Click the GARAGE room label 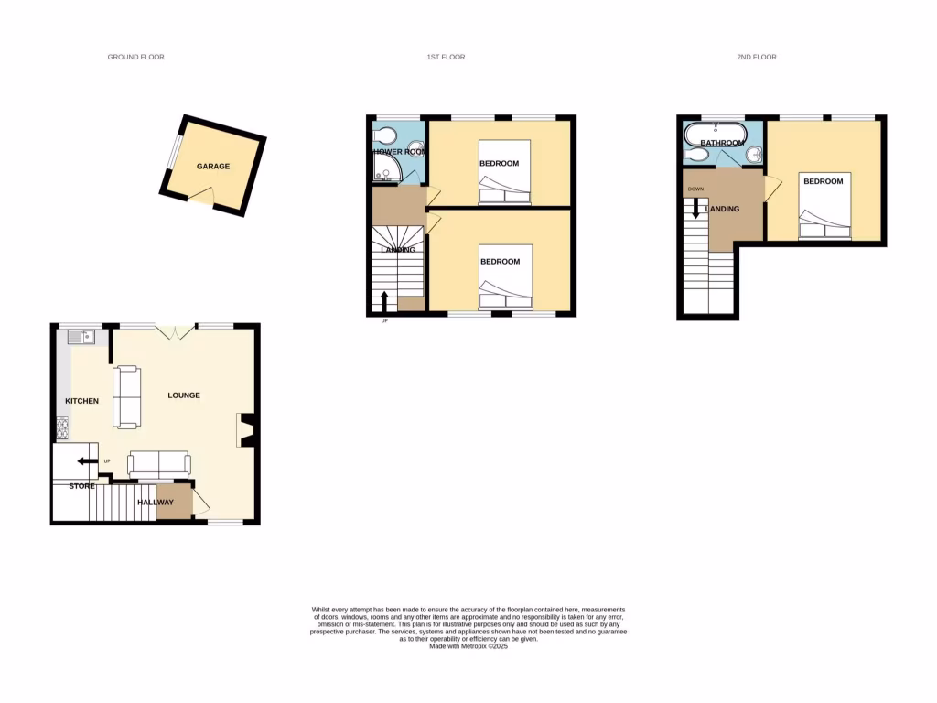(213, 167)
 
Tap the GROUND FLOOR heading (135, 58)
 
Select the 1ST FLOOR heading (446, 58)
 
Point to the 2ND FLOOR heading (757, 58)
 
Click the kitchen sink (81, 338)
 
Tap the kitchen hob (62, 426)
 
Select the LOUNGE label (184, 395)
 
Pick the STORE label (81, 486)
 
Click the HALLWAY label (155, 503)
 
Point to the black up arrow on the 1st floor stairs (384, 300)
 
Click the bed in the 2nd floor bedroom (824, 206)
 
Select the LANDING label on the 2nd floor (722, 210)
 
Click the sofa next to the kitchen (126, 397)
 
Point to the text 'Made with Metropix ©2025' (468, 645)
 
